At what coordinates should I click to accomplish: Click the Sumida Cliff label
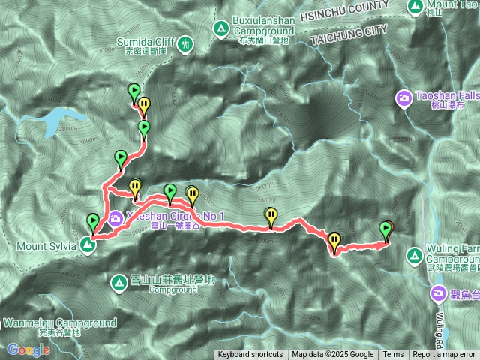click(x=145, y=43)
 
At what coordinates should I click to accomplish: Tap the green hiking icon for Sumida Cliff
click(x=185, y=46)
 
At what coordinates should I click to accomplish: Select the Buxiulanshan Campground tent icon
click(x=220, y=29)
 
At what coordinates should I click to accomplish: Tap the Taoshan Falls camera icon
click(x=405, y=97)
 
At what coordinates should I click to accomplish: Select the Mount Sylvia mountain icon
click(x=88, y=245)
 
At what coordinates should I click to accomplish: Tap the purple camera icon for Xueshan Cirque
click(x=115, y=219)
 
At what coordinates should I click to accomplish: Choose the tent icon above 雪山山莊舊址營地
click(x=118, y=283)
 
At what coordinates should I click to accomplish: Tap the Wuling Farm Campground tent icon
click(x=414, y=256)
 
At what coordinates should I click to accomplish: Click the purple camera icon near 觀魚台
click(x=439, y=293)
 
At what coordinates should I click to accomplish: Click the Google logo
click(x=28, y=349)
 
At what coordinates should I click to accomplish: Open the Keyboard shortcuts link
click(x=250, y=355)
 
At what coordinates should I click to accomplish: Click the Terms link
click(x=393, y=355)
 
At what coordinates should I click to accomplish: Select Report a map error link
click(x=444, y=355)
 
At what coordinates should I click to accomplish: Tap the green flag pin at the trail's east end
click(x=386, y=228)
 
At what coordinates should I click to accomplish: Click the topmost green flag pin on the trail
click(x=133, y=91)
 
